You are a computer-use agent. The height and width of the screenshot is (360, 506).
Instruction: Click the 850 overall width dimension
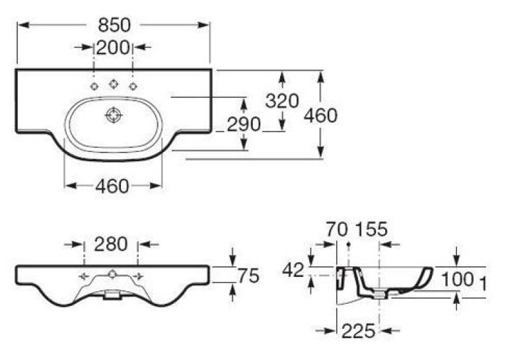click(x=114, y=25)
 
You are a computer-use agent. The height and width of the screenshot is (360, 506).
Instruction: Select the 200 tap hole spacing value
click(x=113, y=48)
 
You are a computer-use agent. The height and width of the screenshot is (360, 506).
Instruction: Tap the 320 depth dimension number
click(x=282, y=100)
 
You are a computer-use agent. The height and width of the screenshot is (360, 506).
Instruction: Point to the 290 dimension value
click(x=244, y=124)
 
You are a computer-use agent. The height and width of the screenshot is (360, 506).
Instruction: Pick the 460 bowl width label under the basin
click(x=112, y=186)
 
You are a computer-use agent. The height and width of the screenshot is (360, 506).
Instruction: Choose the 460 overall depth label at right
click(x=320, y=116)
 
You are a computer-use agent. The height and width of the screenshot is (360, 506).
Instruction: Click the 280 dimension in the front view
click(x=111, y=244)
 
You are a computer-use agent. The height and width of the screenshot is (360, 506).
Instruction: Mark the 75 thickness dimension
click(x=248, y=276)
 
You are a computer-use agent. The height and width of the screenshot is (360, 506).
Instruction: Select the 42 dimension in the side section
click(x=293, y=270)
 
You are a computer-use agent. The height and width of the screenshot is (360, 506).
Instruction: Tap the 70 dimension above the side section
click(x=337, y=229)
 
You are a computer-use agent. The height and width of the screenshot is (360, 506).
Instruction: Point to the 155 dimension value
click(x=371, y=229)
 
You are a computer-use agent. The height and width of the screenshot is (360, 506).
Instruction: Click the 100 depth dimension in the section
click(x=457, y=279)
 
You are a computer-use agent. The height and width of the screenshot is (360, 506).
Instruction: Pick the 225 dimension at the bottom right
click(x=359, y=331)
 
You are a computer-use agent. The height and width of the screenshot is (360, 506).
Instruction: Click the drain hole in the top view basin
click(x=114, y=116)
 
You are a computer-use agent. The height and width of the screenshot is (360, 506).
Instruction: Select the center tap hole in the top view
click(x=113, y=84)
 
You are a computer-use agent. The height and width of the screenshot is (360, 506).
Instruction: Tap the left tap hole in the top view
click(x=94, y=87)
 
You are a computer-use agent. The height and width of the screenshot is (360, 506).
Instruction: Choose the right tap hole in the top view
click(x=133, y=87)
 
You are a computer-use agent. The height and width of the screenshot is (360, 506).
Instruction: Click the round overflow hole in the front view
click(x=112, y=274)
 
